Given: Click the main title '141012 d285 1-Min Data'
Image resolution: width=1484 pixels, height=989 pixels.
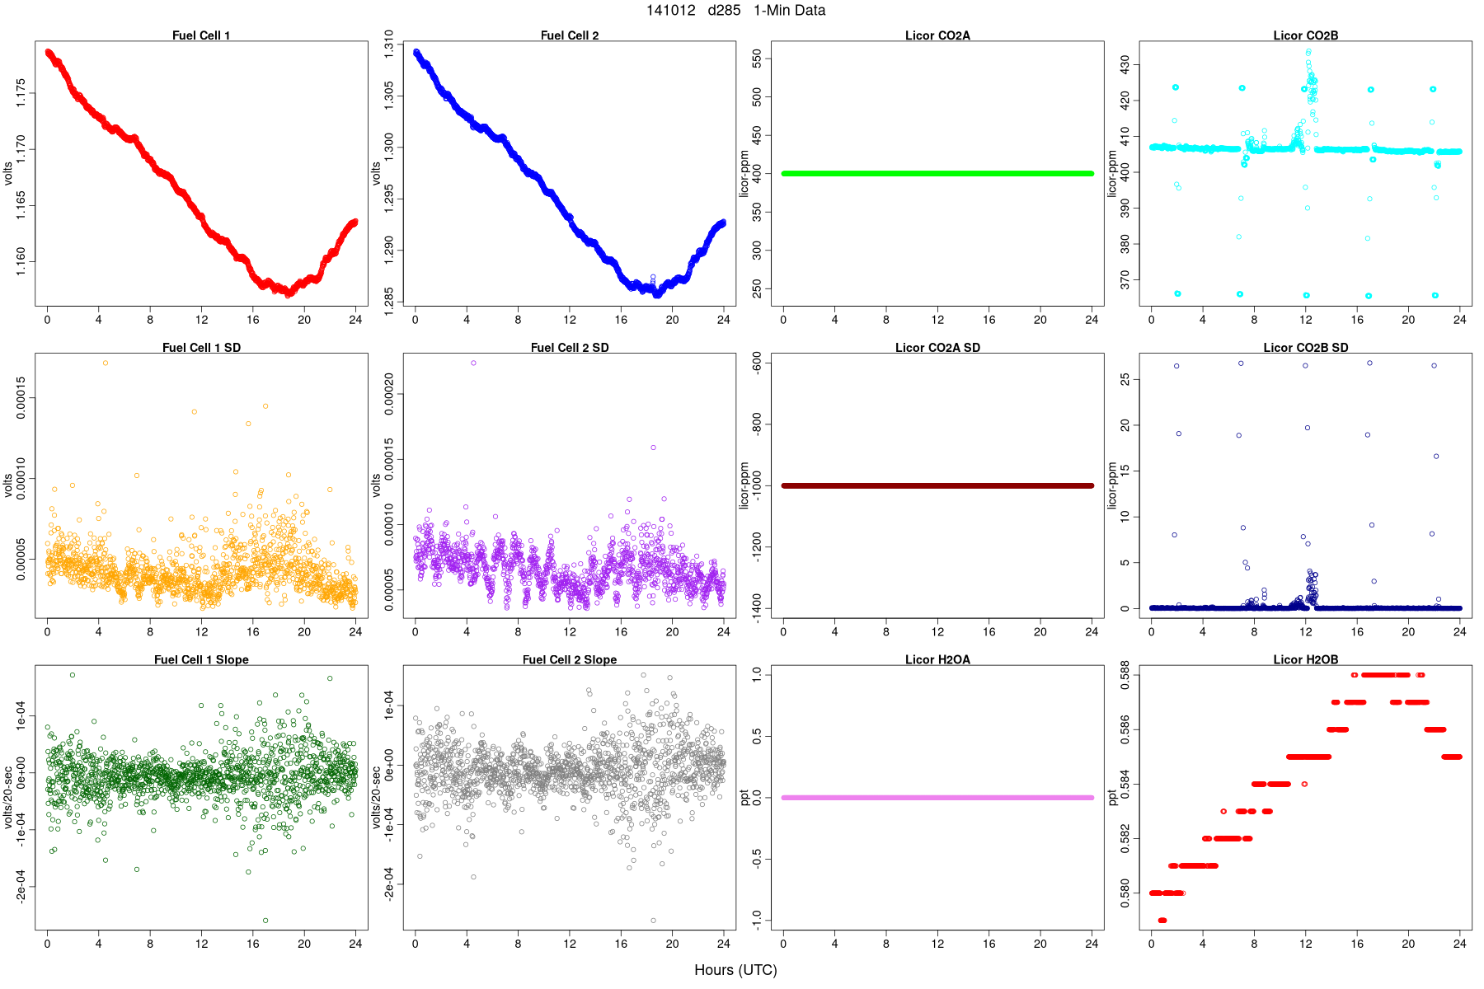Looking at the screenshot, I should coord(735,11).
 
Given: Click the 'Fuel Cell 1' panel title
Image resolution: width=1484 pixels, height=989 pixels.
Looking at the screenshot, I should coord(201,35).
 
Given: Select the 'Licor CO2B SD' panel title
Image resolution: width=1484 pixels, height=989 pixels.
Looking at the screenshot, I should coord(1305,348).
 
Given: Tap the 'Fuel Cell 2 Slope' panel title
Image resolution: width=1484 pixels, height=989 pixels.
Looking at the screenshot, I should coord(569,660).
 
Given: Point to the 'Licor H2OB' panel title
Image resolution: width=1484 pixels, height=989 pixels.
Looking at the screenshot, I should coord(1305,660).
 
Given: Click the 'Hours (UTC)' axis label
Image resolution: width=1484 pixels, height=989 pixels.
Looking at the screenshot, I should coord(735,970).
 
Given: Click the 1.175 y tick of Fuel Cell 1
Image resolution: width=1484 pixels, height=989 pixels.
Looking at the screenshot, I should coord(21,93).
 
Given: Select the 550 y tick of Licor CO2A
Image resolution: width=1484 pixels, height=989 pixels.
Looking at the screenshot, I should coord(757,59).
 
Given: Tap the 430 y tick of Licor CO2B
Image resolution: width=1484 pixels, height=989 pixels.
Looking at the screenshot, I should coord(1125,64).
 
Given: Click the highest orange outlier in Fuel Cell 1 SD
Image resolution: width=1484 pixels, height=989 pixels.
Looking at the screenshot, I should coord(105,363).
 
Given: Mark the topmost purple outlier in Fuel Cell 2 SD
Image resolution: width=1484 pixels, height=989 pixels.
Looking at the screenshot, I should coord(473,363).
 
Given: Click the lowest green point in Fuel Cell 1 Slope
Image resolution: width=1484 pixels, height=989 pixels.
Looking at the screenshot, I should coord(265,921).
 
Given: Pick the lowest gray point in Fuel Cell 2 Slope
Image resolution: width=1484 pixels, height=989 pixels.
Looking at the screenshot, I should coord(653,921).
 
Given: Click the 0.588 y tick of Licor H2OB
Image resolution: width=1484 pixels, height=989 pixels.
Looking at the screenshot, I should coord(1125,675).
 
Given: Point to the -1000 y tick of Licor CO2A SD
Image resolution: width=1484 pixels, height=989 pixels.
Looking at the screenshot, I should coord(757,485).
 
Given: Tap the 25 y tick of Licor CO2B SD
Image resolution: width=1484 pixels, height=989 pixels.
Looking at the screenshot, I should coord(1125,380).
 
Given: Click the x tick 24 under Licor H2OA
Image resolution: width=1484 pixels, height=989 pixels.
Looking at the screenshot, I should coord(1092,944).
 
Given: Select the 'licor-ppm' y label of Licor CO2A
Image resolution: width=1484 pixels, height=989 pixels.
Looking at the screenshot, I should coord(744,173).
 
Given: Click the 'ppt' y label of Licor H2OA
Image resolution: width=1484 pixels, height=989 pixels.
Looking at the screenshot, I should coord(744,798).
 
